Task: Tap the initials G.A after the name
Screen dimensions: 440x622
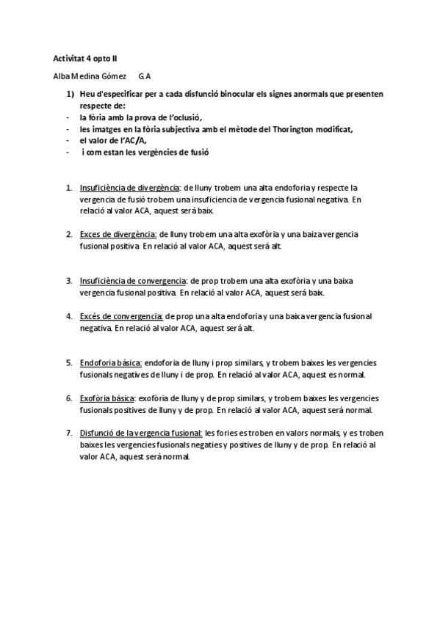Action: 145,76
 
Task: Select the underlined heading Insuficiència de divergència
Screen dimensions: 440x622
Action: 129,188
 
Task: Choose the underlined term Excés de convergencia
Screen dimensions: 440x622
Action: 120,317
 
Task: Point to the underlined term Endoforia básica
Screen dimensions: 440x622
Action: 111,362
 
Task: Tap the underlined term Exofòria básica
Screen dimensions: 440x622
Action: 109,398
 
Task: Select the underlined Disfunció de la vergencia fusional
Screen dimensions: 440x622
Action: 141,434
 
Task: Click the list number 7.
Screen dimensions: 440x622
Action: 68,434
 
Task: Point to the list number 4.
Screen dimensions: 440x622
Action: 68,317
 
